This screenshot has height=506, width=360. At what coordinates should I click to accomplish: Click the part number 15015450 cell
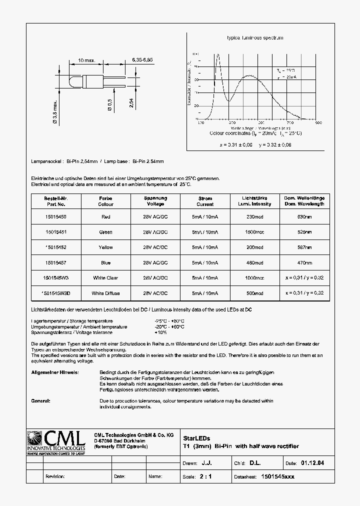pyautogui.click(x=55, y=216)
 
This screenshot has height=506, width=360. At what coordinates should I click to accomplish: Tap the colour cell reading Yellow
pyautogui.click(x=105, y=247)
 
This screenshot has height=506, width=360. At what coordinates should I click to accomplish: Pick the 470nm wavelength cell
pyautogui.click(x=304, y=262)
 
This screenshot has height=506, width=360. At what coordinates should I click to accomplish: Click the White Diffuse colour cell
pyautogui.click(x=105, y=293)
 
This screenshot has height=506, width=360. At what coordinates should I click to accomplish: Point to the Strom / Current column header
pyautogui.click(x=205, y=201)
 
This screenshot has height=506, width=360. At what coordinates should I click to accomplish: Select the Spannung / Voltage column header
pyautogui.click(x=155, y=201)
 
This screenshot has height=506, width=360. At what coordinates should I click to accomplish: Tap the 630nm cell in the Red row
pyautogui.click(x=304, y=216)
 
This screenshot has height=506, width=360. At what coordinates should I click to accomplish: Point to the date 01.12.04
pyautogui.click(x=312, y=463)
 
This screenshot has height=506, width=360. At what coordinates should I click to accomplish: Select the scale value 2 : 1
pyautogui.click(x=205, y=476)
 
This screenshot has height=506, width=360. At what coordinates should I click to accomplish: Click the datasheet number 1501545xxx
pyautogui.click(x=278, y=476)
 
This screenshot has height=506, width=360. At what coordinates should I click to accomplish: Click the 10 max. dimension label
pyautogui.click(x=86, y=60)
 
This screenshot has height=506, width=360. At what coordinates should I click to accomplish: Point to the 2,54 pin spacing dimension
pyautogui.click(x=131, y=102)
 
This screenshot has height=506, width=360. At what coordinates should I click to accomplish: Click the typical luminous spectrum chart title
pyautogui.click(x=255, y=38)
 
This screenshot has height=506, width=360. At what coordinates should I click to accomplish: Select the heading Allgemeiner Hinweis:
pyautogui.click(x=54, y=372)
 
